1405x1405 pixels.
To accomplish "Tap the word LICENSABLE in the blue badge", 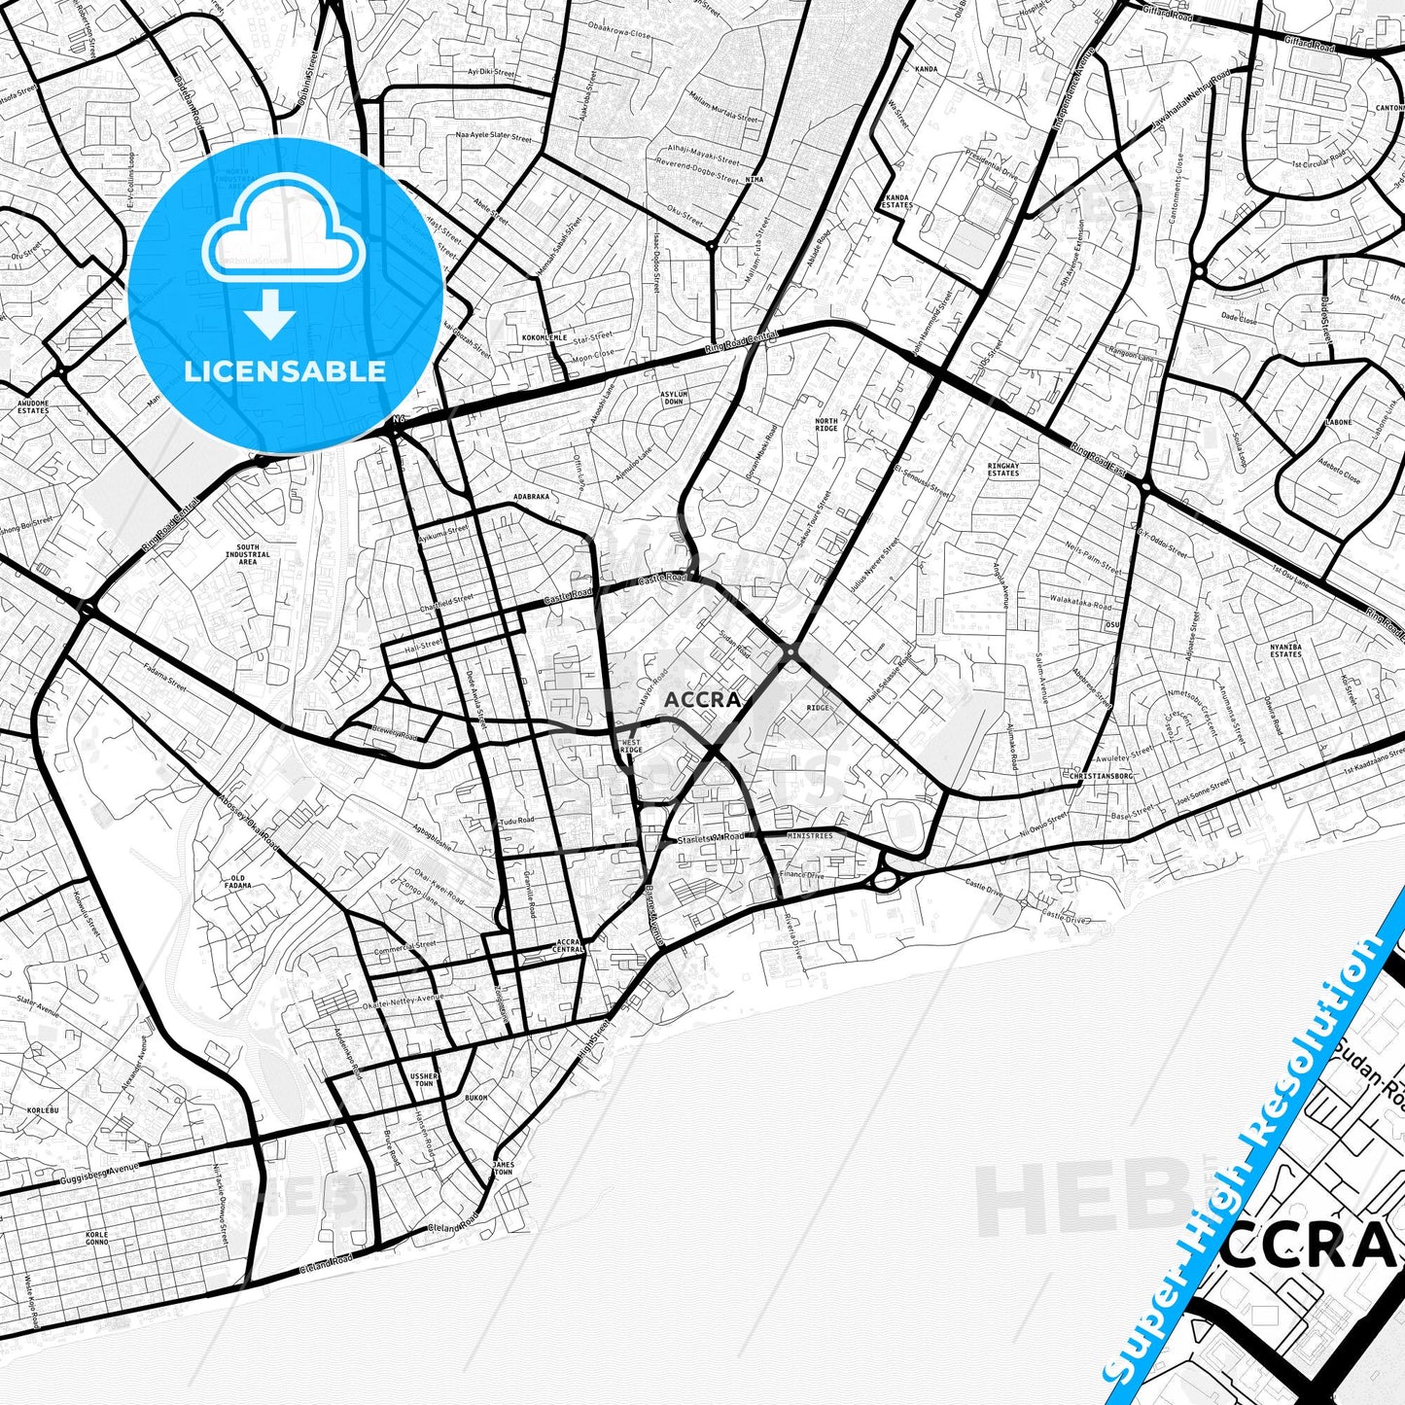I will click(x=285, y=370).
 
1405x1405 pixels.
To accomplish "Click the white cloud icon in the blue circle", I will click(x=283, y=239).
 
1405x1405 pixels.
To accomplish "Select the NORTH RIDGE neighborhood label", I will click(x=825, y=424).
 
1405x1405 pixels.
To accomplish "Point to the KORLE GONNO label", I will click(x=97, y=1238).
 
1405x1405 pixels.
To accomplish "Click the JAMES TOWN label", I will click(x=503, y=1168).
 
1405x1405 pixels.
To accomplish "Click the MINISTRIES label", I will click(x=810, y=836).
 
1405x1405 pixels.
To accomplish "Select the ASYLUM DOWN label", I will click(x=674, y=398).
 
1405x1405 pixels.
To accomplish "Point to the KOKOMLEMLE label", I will click(x=544, y=337).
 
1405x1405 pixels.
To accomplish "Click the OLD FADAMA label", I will click(x=238, y=882).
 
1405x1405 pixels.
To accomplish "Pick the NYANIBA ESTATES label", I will click(x=1285, y=650).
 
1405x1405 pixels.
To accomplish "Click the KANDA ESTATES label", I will click(x=896, y=201).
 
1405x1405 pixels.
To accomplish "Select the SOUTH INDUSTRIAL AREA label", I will click(x=248, y=554).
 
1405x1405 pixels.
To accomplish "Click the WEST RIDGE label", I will click(x=631, y=747).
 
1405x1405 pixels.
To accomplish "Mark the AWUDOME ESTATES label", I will click(x=33, y=406).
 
